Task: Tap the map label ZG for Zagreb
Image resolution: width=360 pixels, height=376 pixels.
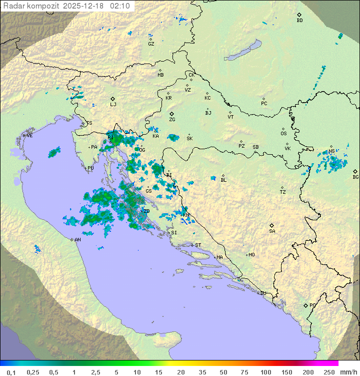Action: pyautogui.click(x=172, y=120)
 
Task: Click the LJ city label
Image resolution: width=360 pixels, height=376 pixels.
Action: pyautogui.click(x=113, y=105)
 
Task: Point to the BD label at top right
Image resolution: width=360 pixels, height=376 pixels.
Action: pyautogui.click(x=299, y=21)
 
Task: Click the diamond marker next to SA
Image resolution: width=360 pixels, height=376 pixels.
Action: pyautogui.click(x=272, y=225)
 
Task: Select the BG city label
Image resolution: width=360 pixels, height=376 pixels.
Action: pyautogui.click(x=355, y=177)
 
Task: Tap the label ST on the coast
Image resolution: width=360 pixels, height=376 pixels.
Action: pyautogui.click(x=198, y=245)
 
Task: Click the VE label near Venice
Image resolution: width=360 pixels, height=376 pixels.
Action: pyautogui.click(x=29, y=136)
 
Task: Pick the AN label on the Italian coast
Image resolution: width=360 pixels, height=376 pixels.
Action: pyautogui.click(x=77, y=240)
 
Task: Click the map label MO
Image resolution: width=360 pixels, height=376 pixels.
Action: pyautogui.click(x=251, y=255)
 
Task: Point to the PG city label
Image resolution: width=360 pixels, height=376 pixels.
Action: pyautogui.click(x=312, y=305)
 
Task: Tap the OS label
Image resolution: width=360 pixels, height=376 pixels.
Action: pyautogui.click(x=283, y=134)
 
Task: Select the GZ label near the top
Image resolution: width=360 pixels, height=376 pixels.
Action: pyautogui.click(x=151, y=44)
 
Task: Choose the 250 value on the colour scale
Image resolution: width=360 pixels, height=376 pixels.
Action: pyautogui.click(x=329, y=372)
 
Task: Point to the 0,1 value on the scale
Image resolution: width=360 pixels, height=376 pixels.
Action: pyautogui.click(x=11, y=372)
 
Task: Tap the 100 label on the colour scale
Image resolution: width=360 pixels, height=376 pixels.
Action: pyautogui.click(x=265, y=372)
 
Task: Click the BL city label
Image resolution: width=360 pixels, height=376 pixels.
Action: pyautogui.click(x=223, y=180)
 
